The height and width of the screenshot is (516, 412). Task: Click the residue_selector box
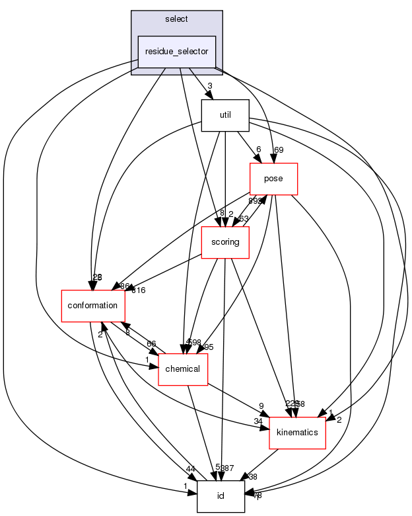pyautogui.click(x=177, y=52)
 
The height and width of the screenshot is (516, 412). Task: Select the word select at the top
pyautogui.click(x=176, y=21)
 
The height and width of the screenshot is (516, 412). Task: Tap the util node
pyautogui.click(x=224, y=115)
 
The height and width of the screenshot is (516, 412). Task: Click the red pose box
pyautogui.click(x=273, y=179)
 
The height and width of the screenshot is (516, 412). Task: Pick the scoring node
pyautogui.click(x=224, y=242)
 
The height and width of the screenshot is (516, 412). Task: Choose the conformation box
pyautogui.click(x=93, y=306)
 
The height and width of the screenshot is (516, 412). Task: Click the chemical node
pyautogui.click(x=183, y=368)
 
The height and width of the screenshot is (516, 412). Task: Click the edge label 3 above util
pyautogui.click(x=209, y=86)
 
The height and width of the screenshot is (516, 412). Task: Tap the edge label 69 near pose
pyautogui.click(x=279, y=150)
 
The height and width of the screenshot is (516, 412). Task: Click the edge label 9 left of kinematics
pyautogui.click(x=261, y=406)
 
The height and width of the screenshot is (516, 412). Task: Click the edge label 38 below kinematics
pyautogui.click(x=252, y=476)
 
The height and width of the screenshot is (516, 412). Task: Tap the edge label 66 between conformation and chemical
pyautogui.click(x=152, y=344)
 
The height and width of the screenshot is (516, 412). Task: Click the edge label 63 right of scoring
pyautogui.click(x=244, y=219)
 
